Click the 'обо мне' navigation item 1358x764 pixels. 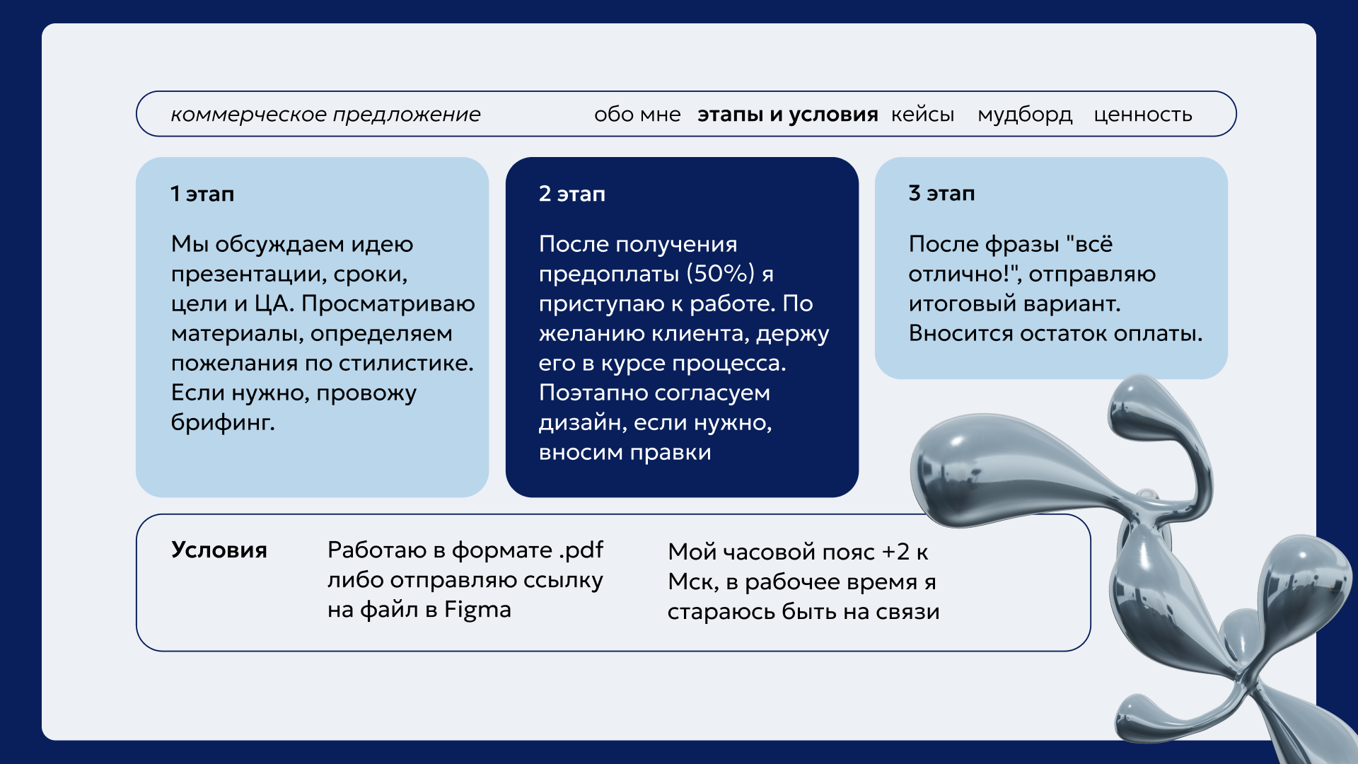pyautogui.click(x=637, y=114)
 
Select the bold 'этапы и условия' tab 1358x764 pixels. pyautogui.click(x=788, y=115)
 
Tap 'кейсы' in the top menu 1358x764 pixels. pyautogui.click(x=922, y=115)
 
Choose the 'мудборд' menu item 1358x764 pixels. pyautogui.click(x=1025, y=115)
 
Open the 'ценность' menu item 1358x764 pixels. pyautogui.click(x=1143, y=115)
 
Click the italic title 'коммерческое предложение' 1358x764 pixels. pyautogui.click(x=325, y=115)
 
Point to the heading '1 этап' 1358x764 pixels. pyautogui.click(x=202, y=194)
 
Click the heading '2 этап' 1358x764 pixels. pyautogui.click(x=572, y=194)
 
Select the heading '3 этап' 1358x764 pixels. pyautogui.click(x=941, y=193)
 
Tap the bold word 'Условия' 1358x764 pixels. pyautogui.click(x=219, y=550)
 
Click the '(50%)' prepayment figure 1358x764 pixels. pyautogui.click(x=721, y=274)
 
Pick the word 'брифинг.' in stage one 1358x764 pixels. pyautogui.click(x=223, y=422)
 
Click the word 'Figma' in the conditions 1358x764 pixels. pyautogui.click(x=477, y=610)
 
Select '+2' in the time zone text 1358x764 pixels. pyautogui.click(x=895, y=552)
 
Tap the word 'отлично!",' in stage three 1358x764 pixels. pyautogui.click(x=965, y=274)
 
